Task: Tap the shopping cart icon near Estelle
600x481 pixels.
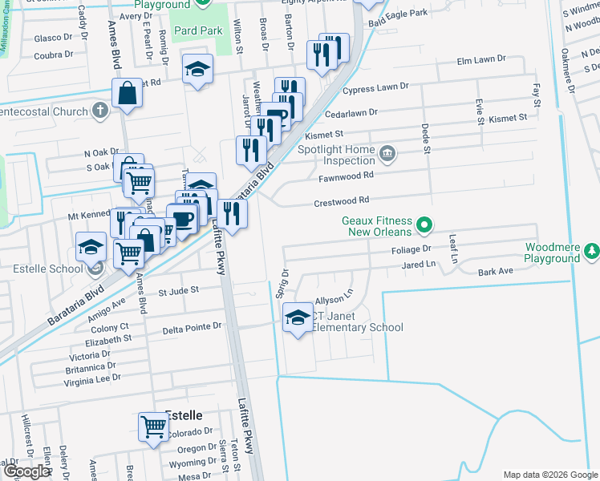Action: coord(153,426)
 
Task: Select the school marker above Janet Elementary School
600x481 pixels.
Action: coord(298,318)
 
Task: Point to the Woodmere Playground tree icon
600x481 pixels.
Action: coord(592,252)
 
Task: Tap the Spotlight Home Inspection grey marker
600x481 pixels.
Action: coord(387,153)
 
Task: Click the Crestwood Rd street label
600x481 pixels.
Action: coord(342,200)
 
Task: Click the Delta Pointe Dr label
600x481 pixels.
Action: coord(192,327)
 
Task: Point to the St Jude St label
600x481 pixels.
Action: coord(178,292)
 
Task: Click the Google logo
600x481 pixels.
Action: coord(26,472)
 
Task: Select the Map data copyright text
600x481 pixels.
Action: coord(550,475)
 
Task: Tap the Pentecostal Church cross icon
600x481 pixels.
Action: coord(99,109)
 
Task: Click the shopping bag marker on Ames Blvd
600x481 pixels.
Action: coord(129,93)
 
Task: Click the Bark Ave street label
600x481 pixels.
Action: coord(495,272)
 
